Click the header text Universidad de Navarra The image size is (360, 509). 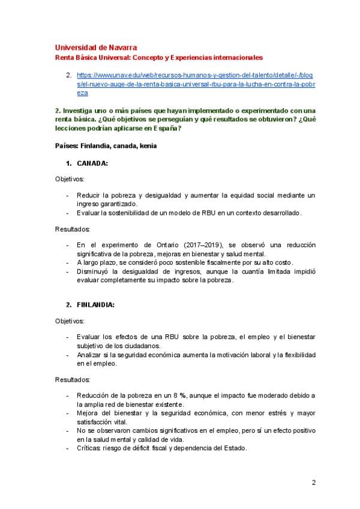[x=95, y=47]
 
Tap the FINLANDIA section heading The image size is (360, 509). [x=96, y=305]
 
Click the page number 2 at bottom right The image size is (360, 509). [x=313, y=482]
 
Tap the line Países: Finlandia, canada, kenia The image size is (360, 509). [x=106, y=146]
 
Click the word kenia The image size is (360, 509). [x=148, y=146]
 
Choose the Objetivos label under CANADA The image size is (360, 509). [x=70, y=179]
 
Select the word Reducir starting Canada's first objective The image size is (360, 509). [x=88, y=196]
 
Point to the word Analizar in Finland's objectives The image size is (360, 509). [x=91, y=355]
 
